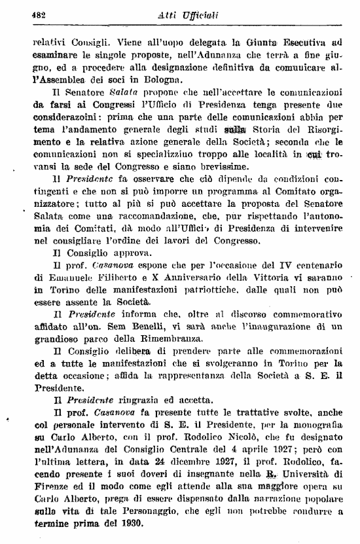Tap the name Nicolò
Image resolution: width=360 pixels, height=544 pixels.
click(x=259, y=427)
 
